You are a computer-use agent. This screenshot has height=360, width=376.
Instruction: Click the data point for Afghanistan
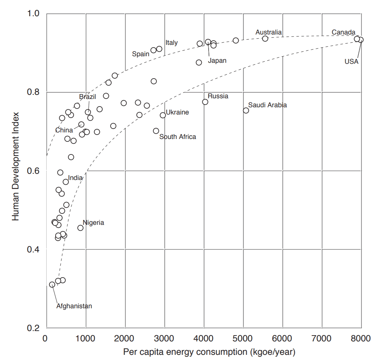[x=52, y=284]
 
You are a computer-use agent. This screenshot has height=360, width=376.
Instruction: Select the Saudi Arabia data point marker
[x=246, y=110]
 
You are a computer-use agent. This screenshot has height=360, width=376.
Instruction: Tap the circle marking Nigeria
[x=80, y=228]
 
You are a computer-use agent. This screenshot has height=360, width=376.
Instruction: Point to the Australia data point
[x=265, y=39]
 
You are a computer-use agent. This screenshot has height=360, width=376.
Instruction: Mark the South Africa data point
[x=156, y=131]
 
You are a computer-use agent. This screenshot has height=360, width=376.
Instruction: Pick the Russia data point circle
[x=205, y=102]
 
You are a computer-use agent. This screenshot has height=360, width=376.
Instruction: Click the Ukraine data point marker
[x=163, y=115]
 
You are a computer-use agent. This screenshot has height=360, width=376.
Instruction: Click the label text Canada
[x=344, y=32]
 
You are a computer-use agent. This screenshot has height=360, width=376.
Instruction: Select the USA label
[x=351, y=62]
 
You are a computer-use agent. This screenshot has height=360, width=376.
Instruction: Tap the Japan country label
[x=217, y=61]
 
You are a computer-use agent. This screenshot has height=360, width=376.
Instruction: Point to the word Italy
[x=172, y=43]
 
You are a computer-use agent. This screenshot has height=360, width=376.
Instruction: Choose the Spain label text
[x=141, y=54]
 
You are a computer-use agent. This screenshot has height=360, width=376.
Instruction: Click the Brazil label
[x=88, y=97]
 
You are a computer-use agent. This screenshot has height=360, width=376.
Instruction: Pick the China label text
[x=64, y=130]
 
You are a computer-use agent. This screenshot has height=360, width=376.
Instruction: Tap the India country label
[x=75, y=178]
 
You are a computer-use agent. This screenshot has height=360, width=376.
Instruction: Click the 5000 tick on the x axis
[x=243, y=339]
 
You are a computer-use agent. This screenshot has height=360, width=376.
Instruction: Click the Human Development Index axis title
[x=16, y=171]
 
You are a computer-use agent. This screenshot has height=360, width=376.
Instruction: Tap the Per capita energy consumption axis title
[x=209, y=352]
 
